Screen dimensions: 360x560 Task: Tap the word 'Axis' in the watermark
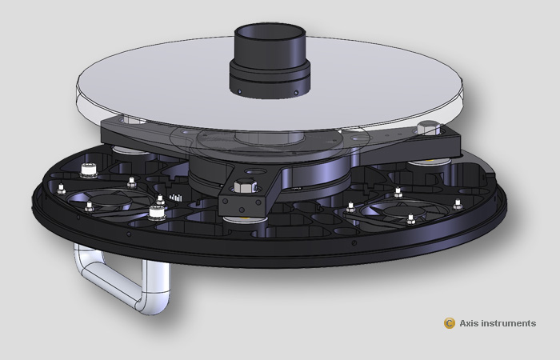471,323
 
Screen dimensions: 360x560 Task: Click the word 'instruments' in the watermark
510,323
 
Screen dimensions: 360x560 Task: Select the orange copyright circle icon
450,323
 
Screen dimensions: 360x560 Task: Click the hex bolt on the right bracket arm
426,127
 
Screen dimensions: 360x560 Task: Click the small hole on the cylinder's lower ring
240,91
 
